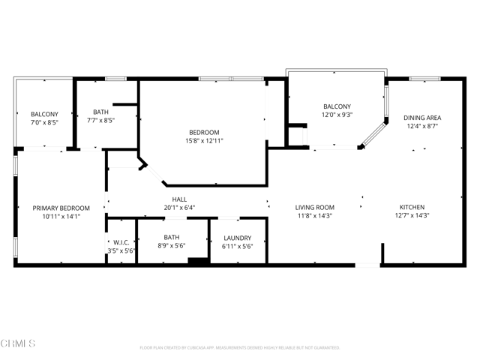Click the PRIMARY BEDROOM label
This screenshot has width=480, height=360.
tap(61, 208)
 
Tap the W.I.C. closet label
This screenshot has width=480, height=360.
tap(121, 241)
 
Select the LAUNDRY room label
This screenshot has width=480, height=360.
tap(238, 238)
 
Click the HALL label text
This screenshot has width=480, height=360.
tap(179, 199)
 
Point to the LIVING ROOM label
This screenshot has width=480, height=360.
tap(314, 207)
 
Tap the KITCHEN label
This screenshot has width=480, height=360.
tap(412, 207)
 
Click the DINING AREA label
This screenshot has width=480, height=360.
tap(422, 118)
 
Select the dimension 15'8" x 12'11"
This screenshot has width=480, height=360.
tap(204, 141)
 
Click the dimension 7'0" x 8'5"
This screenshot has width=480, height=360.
tap(44, 122)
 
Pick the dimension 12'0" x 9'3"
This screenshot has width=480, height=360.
tap(337, 115)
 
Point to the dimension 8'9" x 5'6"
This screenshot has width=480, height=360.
tap(172, 246)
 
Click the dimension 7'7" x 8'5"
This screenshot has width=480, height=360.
tap(101, 119)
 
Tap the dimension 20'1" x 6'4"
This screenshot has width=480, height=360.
tap(179, 208)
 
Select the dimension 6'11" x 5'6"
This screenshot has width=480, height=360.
tap(238, 246)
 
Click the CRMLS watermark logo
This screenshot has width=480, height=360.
tap(19, 343)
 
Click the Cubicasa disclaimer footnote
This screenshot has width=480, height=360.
tap(240, 348)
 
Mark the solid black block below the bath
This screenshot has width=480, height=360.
tap(198, 261)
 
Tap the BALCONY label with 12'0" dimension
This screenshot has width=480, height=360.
tap(337, 106)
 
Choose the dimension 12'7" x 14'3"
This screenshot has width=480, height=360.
tap(412, 215)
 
